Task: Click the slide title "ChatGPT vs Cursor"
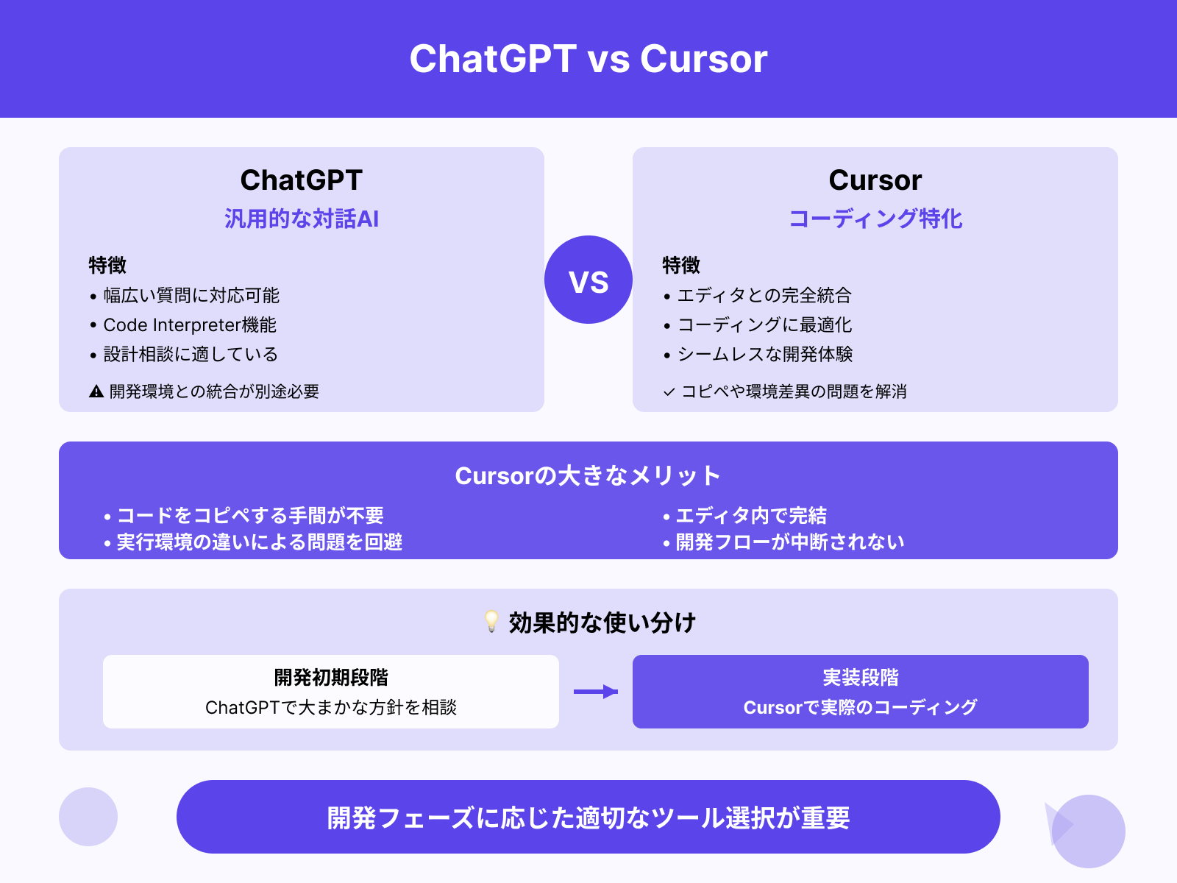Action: point(588,59)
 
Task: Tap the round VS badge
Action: point(588,280)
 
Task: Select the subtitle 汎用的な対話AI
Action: point(302,219)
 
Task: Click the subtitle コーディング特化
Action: point(875,219)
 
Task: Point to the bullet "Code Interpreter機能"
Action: point(190,325)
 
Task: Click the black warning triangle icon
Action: point(96,391)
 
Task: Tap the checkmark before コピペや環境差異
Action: point(669,392)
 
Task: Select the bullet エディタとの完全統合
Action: point(764,296)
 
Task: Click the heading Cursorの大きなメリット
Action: point(588,476)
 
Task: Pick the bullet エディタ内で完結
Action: point(751,516)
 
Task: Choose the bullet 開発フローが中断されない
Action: point(790,542)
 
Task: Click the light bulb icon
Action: point(491,622)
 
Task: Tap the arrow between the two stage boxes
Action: point(596,692)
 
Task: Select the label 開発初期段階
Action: point(331,678)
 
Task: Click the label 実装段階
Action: point(861,678)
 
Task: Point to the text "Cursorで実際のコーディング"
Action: point(861,708)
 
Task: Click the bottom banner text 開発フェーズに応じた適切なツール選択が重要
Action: point(588,818)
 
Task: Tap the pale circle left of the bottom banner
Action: point(88,817)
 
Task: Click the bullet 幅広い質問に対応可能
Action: point(191,296)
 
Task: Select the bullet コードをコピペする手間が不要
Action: point(250,516)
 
